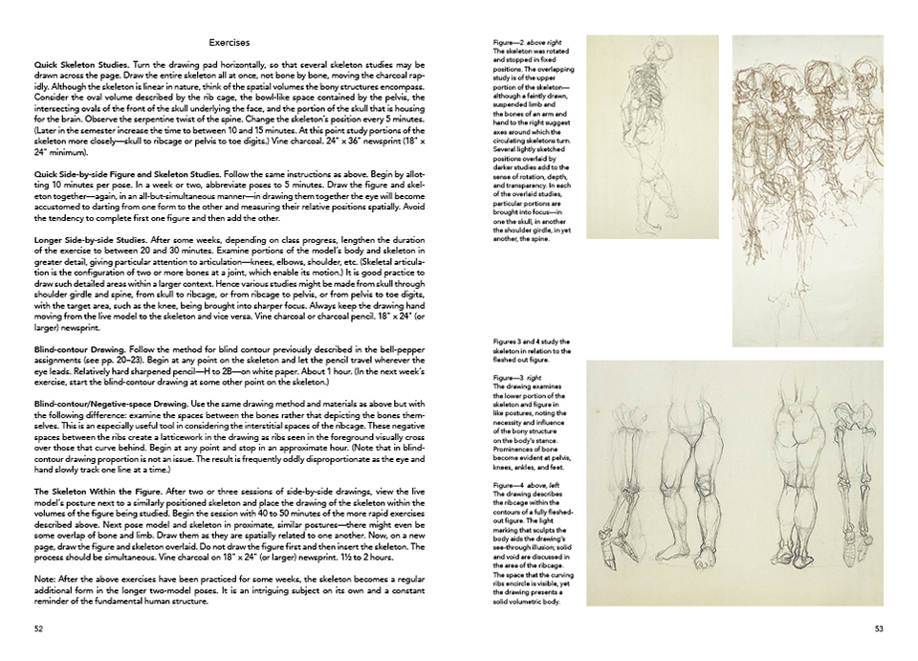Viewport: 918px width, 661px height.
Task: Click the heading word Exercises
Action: (229, 42)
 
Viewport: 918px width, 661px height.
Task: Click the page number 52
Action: (39, 628)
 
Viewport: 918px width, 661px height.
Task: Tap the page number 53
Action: (879, 628)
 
